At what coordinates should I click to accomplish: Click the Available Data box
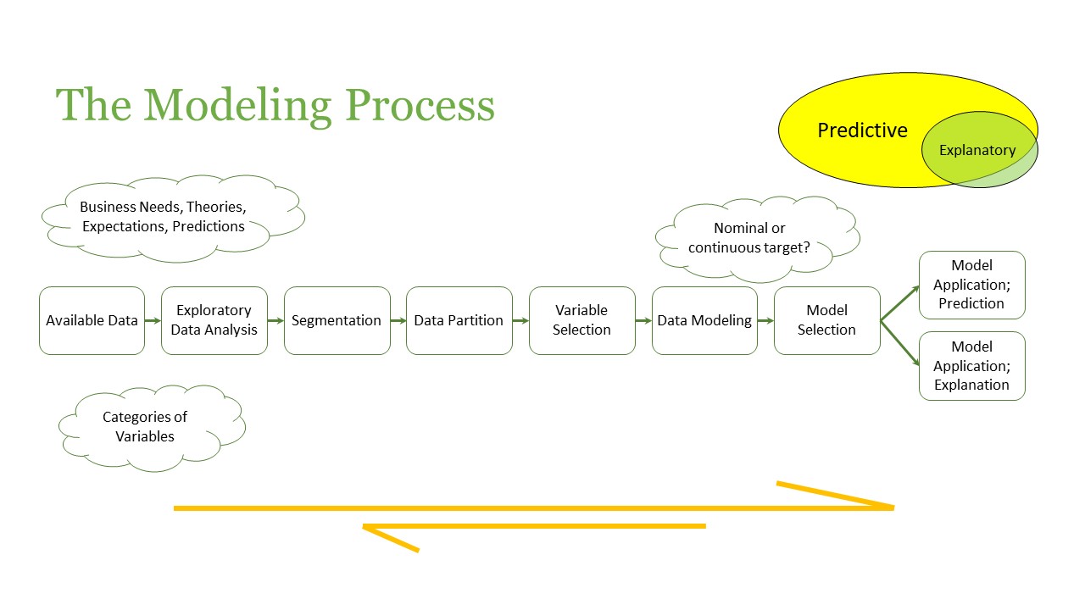pyautogui.click(x=92, y=320)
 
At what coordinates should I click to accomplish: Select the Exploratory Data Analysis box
pyautogui.click(x=214, y=320)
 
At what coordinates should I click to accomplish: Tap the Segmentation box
pyautogui.click(x=337, y=320)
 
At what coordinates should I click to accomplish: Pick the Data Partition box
pyautogui.click(x=459, y=320)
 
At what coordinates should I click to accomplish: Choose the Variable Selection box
pyautogui.click(x=581, y=320)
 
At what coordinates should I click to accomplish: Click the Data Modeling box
pyautogui.click(x=704, y=320)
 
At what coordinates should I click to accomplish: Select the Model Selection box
pyautogui.click(x=826, y=320)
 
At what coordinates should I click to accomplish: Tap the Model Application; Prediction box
pyautogui.click(x=971, y=285)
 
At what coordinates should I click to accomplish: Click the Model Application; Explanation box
pyautogui.click(x=971, y=365)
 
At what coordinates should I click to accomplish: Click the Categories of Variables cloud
pyautogui.click(x=145, y=427)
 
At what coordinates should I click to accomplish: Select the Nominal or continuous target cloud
pyautogui.click(x=749, y=238)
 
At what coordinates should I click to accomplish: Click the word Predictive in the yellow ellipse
pyautogui.click(x=862, y=130)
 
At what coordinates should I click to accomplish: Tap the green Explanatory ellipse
pyautogui.click(x=977, y=151)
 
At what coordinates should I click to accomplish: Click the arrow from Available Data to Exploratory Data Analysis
pyautogui.click(x=153, y=320)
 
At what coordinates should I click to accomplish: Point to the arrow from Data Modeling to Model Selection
pyautogui.click(x=765, y=320)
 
